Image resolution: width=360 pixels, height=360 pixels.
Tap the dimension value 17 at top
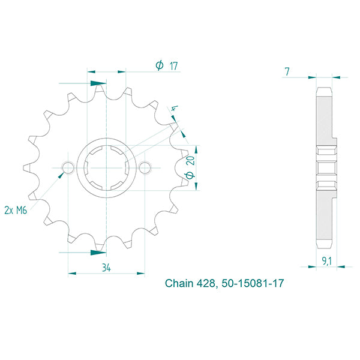click(x=173, y=66)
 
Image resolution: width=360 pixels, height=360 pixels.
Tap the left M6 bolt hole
click(x=68, y=166)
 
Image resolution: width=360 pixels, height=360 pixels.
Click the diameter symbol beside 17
click(x=159, y=66)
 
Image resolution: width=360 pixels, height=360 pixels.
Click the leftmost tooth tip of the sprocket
click(x=24, y=166)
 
